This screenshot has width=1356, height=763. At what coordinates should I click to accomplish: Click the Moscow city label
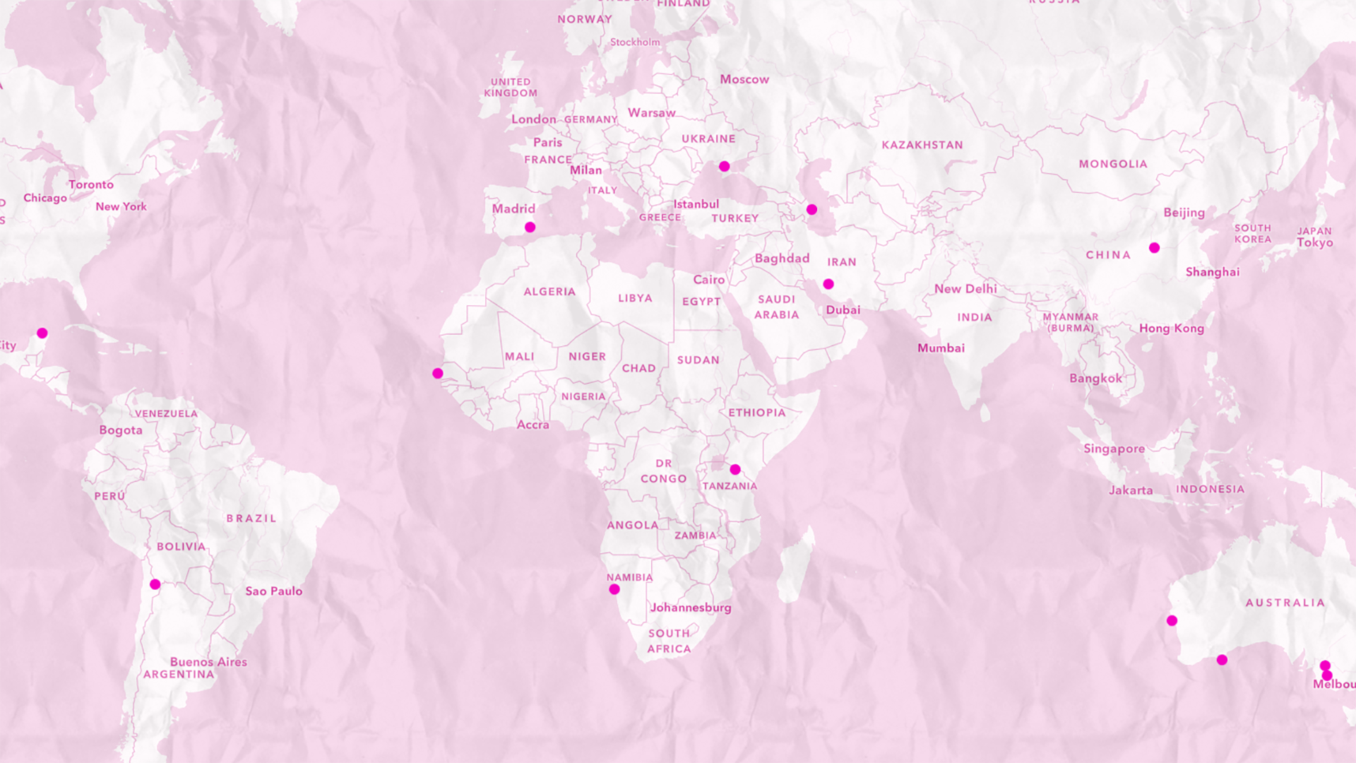click(x=744, y=79)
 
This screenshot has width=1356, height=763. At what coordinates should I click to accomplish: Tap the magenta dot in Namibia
click(x=614, y=589)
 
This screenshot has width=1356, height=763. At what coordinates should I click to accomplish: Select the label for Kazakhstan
click(x=922, y=145)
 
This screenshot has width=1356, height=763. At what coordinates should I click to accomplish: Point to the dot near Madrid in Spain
click(x=530, y=227)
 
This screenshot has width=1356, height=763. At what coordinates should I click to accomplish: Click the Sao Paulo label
click(x=273, y=591)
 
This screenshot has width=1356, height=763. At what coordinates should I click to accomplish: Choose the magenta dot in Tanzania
click(x=735, y=470)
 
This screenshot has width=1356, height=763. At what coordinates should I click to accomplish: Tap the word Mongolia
click(x=1112, y=164)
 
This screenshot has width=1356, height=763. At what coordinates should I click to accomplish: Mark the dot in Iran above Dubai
click(x=828, y=284)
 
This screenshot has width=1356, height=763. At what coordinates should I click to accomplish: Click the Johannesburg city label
click(x=690, y=608)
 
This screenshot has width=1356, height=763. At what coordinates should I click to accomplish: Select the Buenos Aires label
click(x=208, y=662)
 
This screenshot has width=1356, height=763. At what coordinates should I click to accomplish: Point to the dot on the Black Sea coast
click(x=725, y=167)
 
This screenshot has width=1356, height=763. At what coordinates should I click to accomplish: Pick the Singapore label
click(x=1114, y=449)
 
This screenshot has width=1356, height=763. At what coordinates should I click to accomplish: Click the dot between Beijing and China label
click(x=1154, y=248)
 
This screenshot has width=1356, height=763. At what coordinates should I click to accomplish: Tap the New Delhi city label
click(x=965, y=289)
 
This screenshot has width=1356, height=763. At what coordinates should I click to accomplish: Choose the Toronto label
click(x=91, y=184)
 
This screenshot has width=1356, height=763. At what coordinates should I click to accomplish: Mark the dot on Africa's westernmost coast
click(x=438, y=373)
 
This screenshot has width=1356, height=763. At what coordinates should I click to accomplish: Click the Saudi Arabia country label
click(x=776, y=307)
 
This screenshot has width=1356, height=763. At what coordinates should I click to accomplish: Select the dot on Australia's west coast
click(x=1172, y=621)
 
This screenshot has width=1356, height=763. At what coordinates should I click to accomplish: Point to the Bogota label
click(x=121, y=430)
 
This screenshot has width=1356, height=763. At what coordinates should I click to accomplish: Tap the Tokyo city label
click(x=1314, y=242)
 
